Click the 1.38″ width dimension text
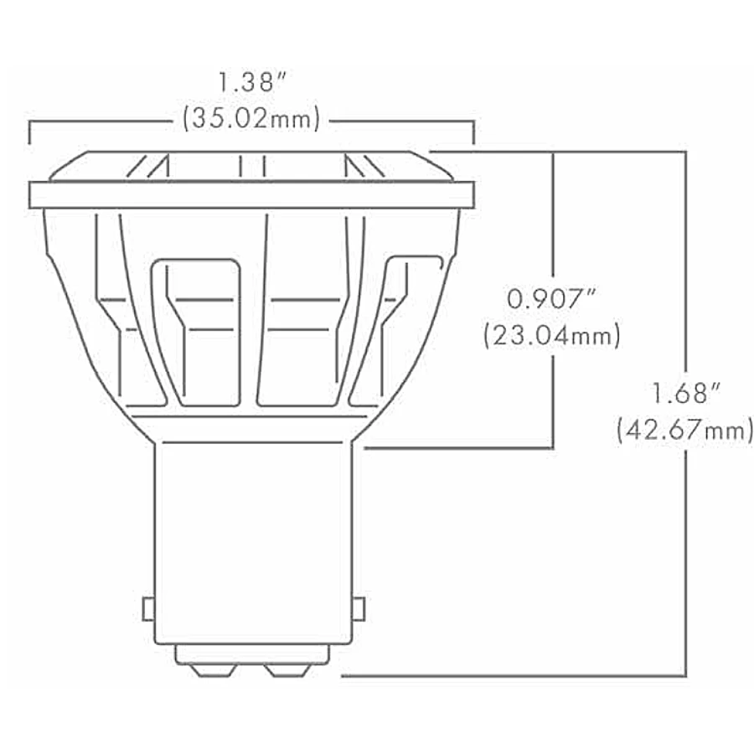point(251,84)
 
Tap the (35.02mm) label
point(251,119)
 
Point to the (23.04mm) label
point(552,337)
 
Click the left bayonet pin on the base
point(148,608)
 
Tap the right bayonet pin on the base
point(359,608)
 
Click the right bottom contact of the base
point(288,670)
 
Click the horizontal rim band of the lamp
point(251,194)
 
